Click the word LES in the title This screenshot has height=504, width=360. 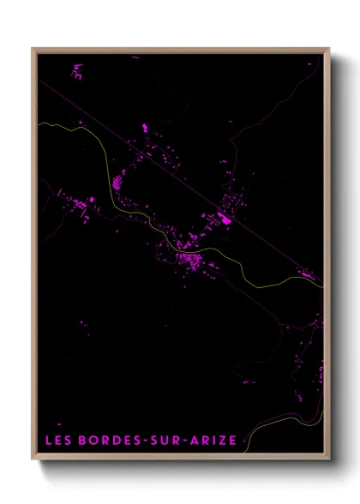[57, 441]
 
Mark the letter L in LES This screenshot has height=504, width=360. [48, 441]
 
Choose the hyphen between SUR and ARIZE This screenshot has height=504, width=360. [177, 441]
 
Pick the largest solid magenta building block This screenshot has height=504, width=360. [227, 220]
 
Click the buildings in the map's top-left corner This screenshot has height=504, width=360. [76, 71]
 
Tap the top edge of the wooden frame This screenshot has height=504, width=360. [180, 50]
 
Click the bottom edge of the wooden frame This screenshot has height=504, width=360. [180, 460]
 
